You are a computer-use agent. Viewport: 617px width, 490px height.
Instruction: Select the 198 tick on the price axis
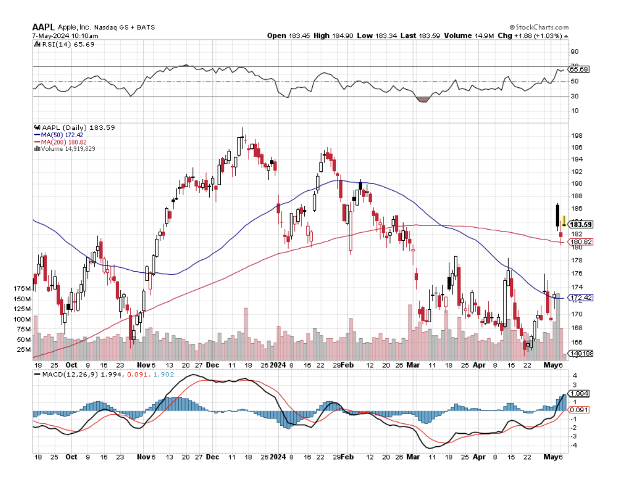[576, 136]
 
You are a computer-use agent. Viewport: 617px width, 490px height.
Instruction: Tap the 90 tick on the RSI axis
[574, 52]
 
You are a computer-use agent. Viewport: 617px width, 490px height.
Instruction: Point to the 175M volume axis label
[22, 289]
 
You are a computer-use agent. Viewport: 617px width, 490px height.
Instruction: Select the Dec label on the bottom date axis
[212, 457]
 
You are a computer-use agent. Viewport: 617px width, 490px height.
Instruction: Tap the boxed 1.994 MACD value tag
[580, 393]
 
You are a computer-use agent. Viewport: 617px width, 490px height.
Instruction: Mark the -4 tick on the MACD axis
[575, 445]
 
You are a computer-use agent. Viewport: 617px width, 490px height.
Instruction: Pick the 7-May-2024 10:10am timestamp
[65, 36]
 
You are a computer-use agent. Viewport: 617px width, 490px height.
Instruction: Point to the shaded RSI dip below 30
[423, 99]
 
